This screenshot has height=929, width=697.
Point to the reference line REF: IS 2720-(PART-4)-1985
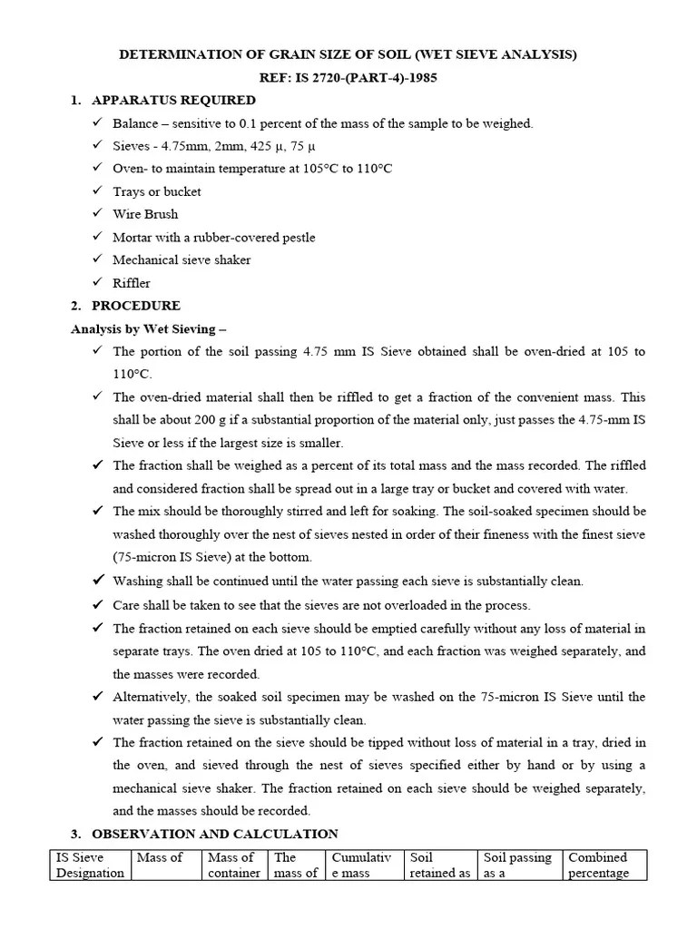point(348,78)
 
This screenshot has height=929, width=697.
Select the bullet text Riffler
point(132,283)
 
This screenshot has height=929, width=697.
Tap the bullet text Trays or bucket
point(157,192)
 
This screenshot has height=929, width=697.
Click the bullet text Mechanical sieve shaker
point(182,260)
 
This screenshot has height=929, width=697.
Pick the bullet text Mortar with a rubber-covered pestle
point(214,238)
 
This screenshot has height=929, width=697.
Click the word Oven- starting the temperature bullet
point(130,169)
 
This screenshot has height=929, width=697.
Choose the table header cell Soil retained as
point(440,865)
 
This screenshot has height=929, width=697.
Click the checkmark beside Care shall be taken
point(98,605)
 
